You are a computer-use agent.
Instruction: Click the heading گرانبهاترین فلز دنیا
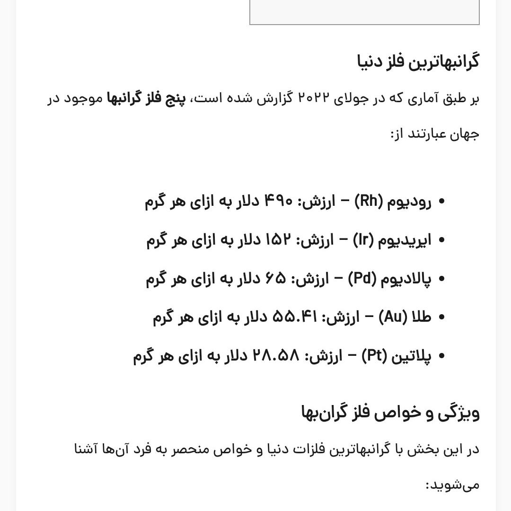[418, 62]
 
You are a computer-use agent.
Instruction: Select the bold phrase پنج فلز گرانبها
[146, 98]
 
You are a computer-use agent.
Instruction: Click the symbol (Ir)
[363, 240]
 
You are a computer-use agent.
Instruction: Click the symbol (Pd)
[362, 279]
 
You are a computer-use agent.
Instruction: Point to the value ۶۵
[276, 279]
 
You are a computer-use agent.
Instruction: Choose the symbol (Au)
[392, 317]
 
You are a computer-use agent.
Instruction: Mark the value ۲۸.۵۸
[276, 356]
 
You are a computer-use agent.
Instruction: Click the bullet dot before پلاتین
[441, 356]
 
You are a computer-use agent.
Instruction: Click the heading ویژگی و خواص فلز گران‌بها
[390, 413]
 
